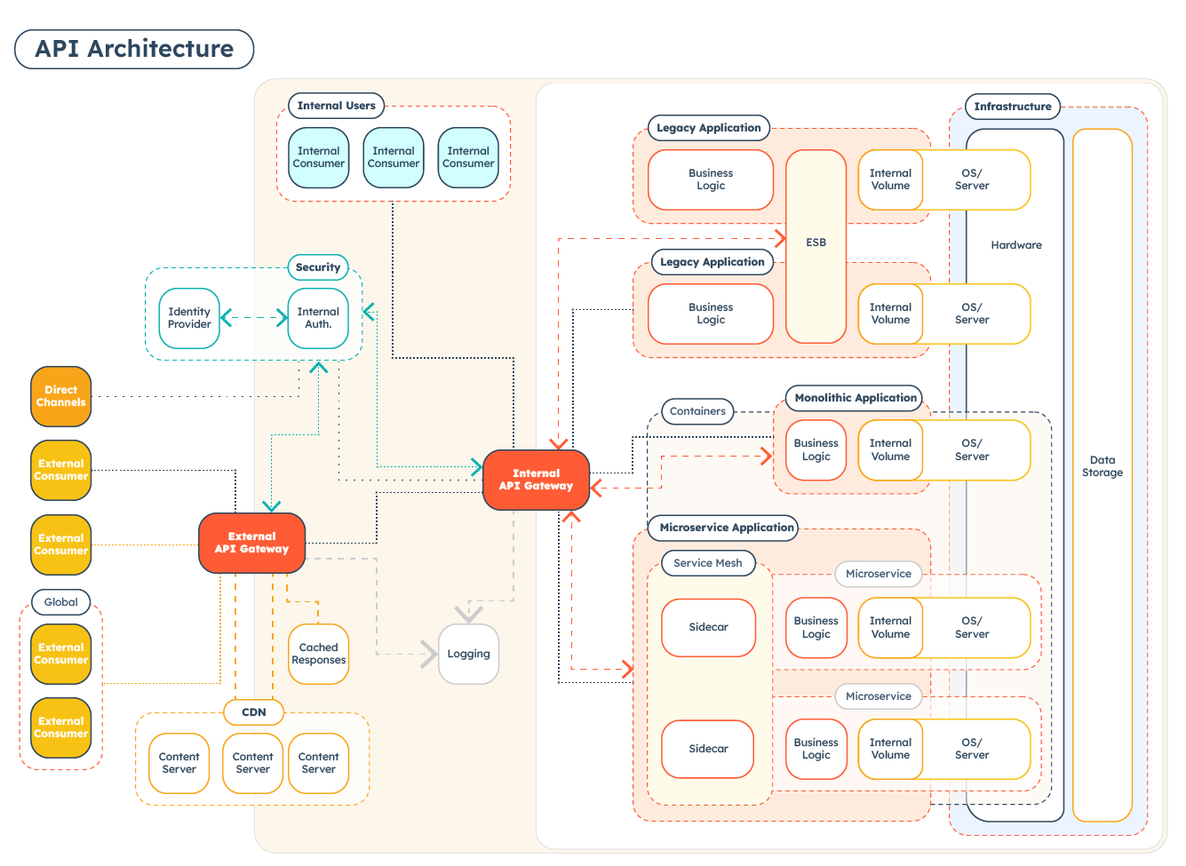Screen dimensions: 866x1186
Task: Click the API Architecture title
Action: [x=134, y=49]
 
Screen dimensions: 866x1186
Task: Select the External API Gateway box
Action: [x=251, y=543]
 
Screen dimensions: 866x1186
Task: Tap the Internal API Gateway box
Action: [x=536, y=480]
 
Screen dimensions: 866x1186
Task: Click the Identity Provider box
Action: [x=189, y=318]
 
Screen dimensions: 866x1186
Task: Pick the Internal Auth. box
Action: [x=318, y=318]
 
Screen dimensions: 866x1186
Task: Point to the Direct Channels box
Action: [x=60, y=396]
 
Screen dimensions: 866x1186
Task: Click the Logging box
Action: [x=468, y=654]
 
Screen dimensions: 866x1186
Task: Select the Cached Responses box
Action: [x=318, y=654]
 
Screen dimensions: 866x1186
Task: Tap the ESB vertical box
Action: [x=816, y=242]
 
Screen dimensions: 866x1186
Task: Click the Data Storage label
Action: [x=1102, y=466]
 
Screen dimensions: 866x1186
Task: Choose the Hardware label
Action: [x=1016, y=245]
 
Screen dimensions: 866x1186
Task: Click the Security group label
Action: [x=318, y=267]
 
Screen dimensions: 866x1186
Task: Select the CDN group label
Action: [x=254, y=712]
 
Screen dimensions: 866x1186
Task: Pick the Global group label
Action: [x=61, y=602]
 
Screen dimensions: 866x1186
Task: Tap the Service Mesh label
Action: [x=707, y=563]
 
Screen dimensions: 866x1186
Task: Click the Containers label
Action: [x=697, y=411]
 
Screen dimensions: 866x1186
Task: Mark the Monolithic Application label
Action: [x=855, y=398]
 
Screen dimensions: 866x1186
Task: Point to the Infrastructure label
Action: [x=1012, y=107]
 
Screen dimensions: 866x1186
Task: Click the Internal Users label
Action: [x=336, y=106]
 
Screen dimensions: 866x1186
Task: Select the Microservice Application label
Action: [x=726, y=528]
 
